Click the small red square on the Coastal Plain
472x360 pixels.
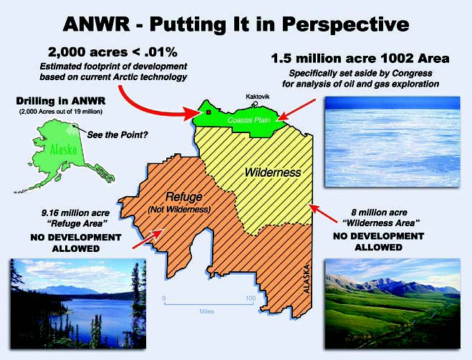click(208, 112)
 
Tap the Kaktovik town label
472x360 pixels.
click(257, 97)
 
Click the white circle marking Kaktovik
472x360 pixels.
click(255, 104)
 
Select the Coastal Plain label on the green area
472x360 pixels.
click(249, 120)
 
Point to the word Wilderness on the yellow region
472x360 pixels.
click(273, 172)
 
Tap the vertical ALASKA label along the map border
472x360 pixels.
click(307, 279)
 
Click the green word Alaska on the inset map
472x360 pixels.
click(63, 149)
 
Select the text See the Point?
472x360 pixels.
click(117, 135)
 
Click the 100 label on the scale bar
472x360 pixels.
click(251, 298)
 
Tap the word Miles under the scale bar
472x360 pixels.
click(207, 311)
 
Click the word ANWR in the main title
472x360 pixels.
click(96, 24)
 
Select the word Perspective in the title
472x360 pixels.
click(345, 25)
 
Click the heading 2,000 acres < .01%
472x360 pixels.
click(112, 52)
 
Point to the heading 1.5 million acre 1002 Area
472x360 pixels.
click(360, 59)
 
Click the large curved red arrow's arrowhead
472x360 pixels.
click(191, 113)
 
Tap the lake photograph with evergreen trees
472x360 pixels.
click(78, 303)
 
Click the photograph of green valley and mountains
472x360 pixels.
click(392, 303)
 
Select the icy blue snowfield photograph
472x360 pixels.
click(392, 142)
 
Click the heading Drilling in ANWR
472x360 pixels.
click(61, 101)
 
